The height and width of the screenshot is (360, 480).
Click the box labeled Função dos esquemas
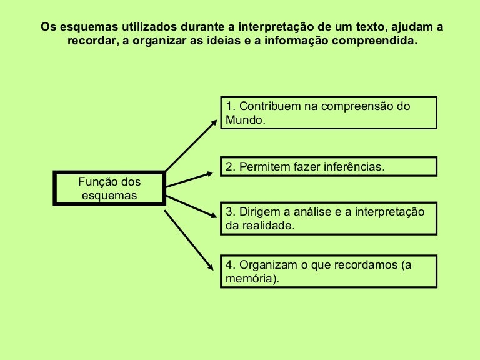coord(109,188)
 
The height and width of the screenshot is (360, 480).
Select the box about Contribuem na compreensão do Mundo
coord(329,112)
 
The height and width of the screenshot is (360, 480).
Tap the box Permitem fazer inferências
coord(329,166)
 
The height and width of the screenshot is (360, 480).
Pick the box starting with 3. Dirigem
coord(329,219)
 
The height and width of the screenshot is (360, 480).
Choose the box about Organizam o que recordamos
coord(329,271)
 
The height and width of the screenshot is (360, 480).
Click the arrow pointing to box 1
coord(191,146)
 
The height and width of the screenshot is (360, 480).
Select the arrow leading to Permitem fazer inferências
coord(189,180)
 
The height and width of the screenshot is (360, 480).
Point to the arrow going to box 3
coord(192,207)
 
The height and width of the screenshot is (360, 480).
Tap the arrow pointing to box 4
coord(189,240)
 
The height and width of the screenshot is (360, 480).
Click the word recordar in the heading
coord(93,41)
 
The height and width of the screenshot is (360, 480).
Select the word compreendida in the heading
coord(375,41)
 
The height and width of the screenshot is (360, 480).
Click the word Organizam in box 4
coord(268,265)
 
